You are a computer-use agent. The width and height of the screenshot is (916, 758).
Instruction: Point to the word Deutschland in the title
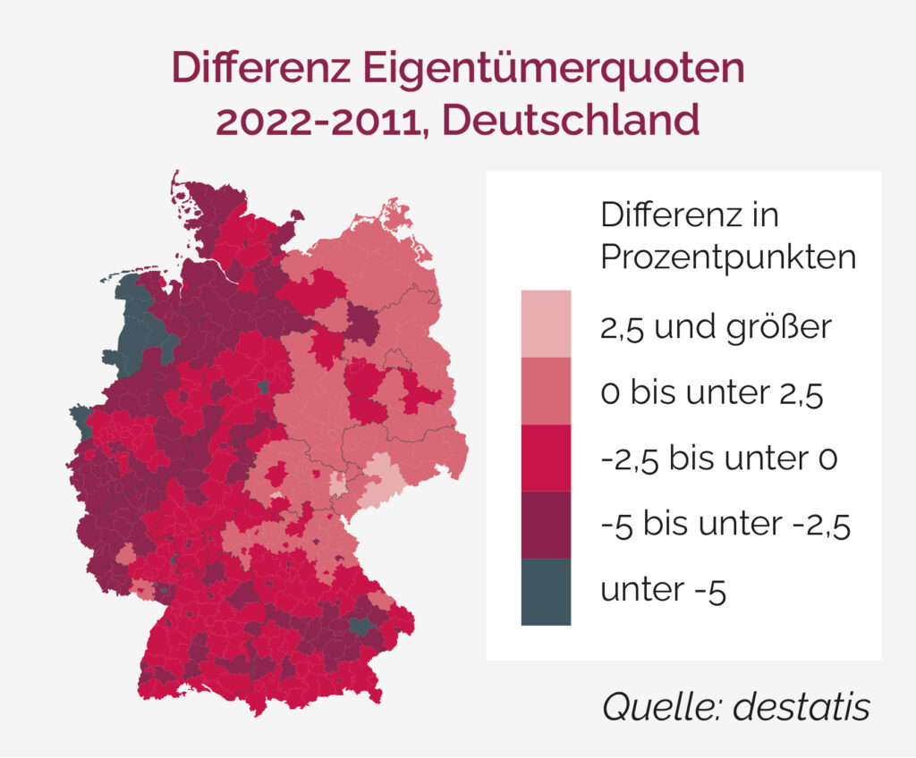(571, 119)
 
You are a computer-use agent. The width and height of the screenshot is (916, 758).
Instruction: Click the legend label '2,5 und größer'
(717, 327)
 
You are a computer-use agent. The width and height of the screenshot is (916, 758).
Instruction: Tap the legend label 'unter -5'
(663, 591)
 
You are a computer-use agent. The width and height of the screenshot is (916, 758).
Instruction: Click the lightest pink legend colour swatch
(546, 323)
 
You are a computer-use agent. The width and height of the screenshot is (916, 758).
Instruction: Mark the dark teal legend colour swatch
(546, 591)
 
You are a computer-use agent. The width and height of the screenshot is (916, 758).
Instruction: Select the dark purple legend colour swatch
(546, 525)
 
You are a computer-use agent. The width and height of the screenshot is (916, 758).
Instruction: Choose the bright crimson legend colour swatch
(546, 458)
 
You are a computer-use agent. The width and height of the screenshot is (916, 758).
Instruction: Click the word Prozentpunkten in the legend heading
(728, 257)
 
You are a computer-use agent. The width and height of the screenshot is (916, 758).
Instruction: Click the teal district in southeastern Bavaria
(361, 627)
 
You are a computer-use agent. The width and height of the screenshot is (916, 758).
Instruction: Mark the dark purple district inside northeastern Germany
(361, 324)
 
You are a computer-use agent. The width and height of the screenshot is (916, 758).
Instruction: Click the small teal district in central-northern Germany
(262, 386)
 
